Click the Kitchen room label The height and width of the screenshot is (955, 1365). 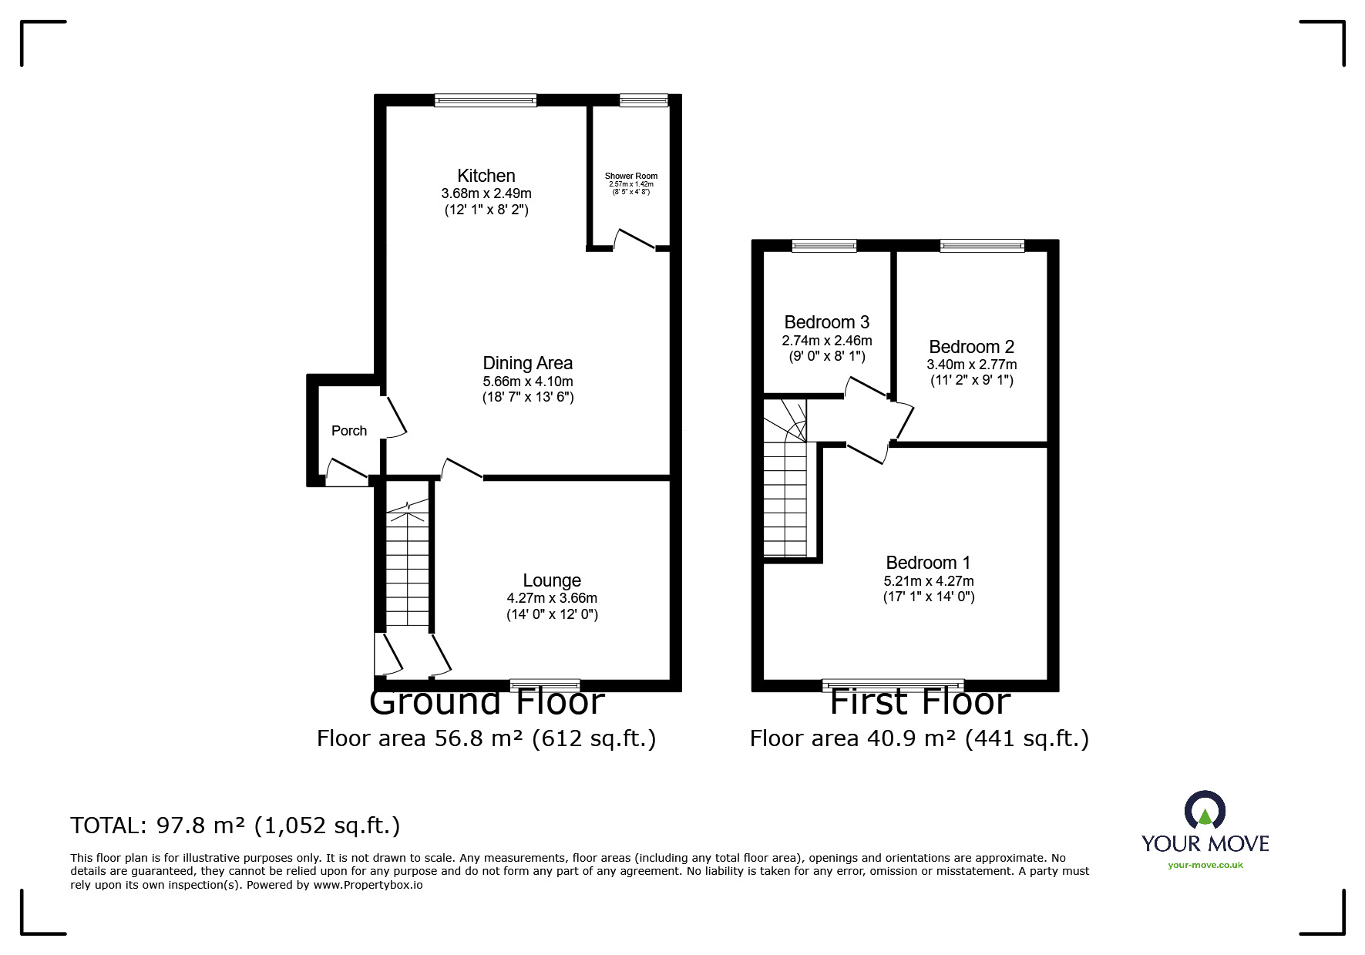click(486, 176)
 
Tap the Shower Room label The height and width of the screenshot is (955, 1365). click(630, 176)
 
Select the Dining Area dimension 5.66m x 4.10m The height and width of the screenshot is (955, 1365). click(528, 382)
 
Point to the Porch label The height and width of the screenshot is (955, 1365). click(349, 431)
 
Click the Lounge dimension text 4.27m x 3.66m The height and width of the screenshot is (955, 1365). click(552, 598)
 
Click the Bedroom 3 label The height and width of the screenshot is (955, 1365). click(826, 322)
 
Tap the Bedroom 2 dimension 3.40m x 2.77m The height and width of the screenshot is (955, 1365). click(971, 365)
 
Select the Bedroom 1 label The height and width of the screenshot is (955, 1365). click(928, 563)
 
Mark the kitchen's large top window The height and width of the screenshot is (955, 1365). click(485, 100)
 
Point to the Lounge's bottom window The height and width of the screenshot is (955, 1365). click(545, 685)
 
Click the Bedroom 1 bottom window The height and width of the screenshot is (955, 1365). click(893, 685)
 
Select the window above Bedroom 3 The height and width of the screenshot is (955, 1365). click(824, 246)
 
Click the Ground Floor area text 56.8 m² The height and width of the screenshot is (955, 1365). click(486, 738)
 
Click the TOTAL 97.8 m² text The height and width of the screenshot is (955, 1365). click(235, 826)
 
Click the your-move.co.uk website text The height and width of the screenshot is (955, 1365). click(1205, 865)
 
